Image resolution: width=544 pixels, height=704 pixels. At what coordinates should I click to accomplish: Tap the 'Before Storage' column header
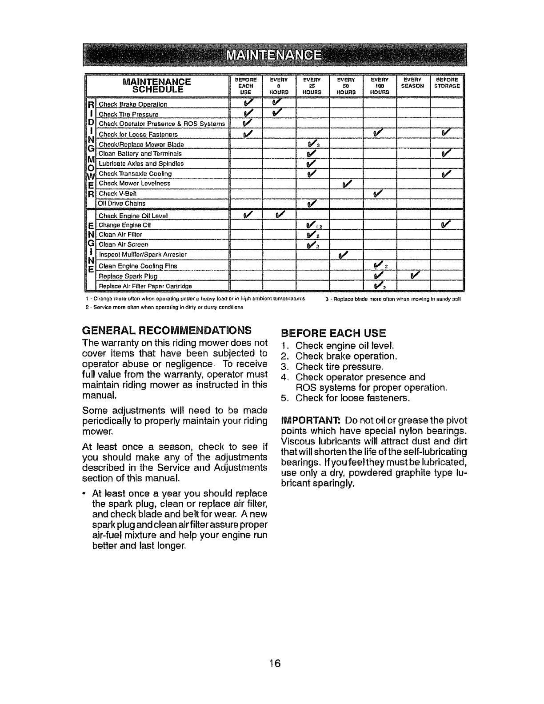click(x=447, y=83)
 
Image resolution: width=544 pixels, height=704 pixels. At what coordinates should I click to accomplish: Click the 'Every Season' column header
click(x=413, y=83)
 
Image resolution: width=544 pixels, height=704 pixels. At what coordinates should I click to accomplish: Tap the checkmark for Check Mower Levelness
click(x=347, y=183)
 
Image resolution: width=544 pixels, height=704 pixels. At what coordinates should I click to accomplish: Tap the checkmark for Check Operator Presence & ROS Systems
click(x=247, y=123)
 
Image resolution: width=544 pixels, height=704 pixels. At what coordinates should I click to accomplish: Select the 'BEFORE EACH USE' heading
click(x=334, y=333)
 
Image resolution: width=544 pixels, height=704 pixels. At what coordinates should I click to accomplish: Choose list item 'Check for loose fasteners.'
click(x=352, y=398)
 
